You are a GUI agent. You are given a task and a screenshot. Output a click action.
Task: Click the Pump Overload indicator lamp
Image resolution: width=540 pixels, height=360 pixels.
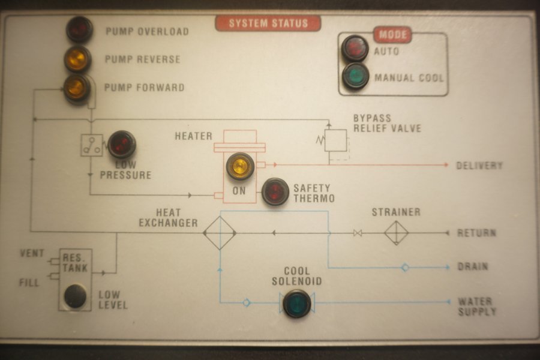(79, 29)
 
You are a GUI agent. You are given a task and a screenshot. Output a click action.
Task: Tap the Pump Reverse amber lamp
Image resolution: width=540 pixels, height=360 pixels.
(78, 59)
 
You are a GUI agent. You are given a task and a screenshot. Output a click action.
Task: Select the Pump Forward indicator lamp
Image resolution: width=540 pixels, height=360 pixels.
(77, 88)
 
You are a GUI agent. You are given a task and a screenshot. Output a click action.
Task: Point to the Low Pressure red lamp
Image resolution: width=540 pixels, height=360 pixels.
(122, 144)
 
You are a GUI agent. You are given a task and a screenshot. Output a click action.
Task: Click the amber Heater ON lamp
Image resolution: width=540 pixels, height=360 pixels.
(240, 166)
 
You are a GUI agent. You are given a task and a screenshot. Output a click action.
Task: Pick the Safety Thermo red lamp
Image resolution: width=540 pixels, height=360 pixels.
(275, 192)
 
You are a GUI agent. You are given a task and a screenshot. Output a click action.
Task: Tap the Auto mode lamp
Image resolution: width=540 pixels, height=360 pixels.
(355, 49)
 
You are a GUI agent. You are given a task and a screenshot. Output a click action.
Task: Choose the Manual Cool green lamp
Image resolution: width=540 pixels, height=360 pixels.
(355, 76)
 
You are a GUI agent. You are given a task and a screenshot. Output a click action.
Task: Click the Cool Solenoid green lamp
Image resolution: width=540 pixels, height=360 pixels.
(296, 303)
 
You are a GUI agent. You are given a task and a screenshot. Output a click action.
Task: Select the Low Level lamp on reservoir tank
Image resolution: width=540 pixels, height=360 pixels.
(76, 296)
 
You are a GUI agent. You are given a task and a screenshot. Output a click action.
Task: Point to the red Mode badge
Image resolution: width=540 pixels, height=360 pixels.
(392, 34)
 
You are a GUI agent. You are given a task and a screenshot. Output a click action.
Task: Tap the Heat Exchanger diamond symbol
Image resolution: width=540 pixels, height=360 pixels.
(219, 233)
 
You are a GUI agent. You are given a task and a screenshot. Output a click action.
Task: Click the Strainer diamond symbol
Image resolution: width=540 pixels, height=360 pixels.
(396, 233)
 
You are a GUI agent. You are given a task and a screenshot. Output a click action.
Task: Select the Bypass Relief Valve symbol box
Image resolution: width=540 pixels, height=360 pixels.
(337, 140)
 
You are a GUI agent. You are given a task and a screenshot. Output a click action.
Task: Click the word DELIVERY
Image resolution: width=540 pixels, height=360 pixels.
(479, 165)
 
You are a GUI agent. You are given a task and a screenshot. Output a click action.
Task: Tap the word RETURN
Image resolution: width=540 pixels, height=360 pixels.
(476, 233)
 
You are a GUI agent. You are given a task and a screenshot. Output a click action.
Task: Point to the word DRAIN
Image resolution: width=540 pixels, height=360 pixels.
(473, 266)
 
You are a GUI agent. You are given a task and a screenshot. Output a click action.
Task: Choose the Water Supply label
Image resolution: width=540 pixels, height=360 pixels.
(477, 307)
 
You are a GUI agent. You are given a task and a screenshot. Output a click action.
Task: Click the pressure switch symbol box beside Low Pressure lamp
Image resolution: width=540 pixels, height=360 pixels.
(92, 145)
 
